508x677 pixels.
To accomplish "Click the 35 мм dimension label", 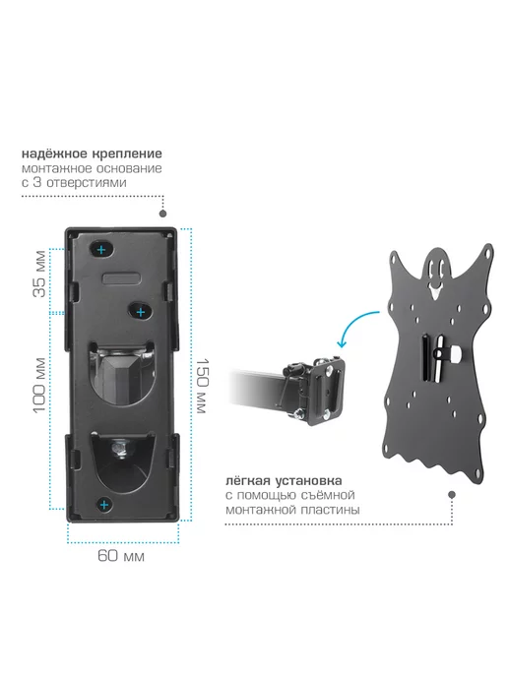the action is point(39,274).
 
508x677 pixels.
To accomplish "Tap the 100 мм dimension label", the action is point(39,386).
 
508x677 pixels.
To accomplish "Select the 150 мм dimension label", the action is point(202,386).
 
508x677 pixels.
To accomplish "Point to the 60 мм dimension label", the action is point(121,555).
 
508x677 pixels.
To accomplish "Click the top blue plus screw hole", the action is point(101,250).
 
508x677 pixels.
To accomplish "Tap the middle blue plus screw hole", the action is point(141,312).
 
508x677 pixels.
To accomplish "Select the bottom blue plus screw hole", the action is point(103,505).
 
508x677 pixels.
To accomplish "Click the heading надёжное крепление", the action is point(92,154).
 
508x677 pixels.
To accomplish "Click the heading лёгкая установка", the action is point(284,480).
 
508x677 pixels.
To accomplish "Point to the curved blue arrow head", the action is point(342,343).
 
